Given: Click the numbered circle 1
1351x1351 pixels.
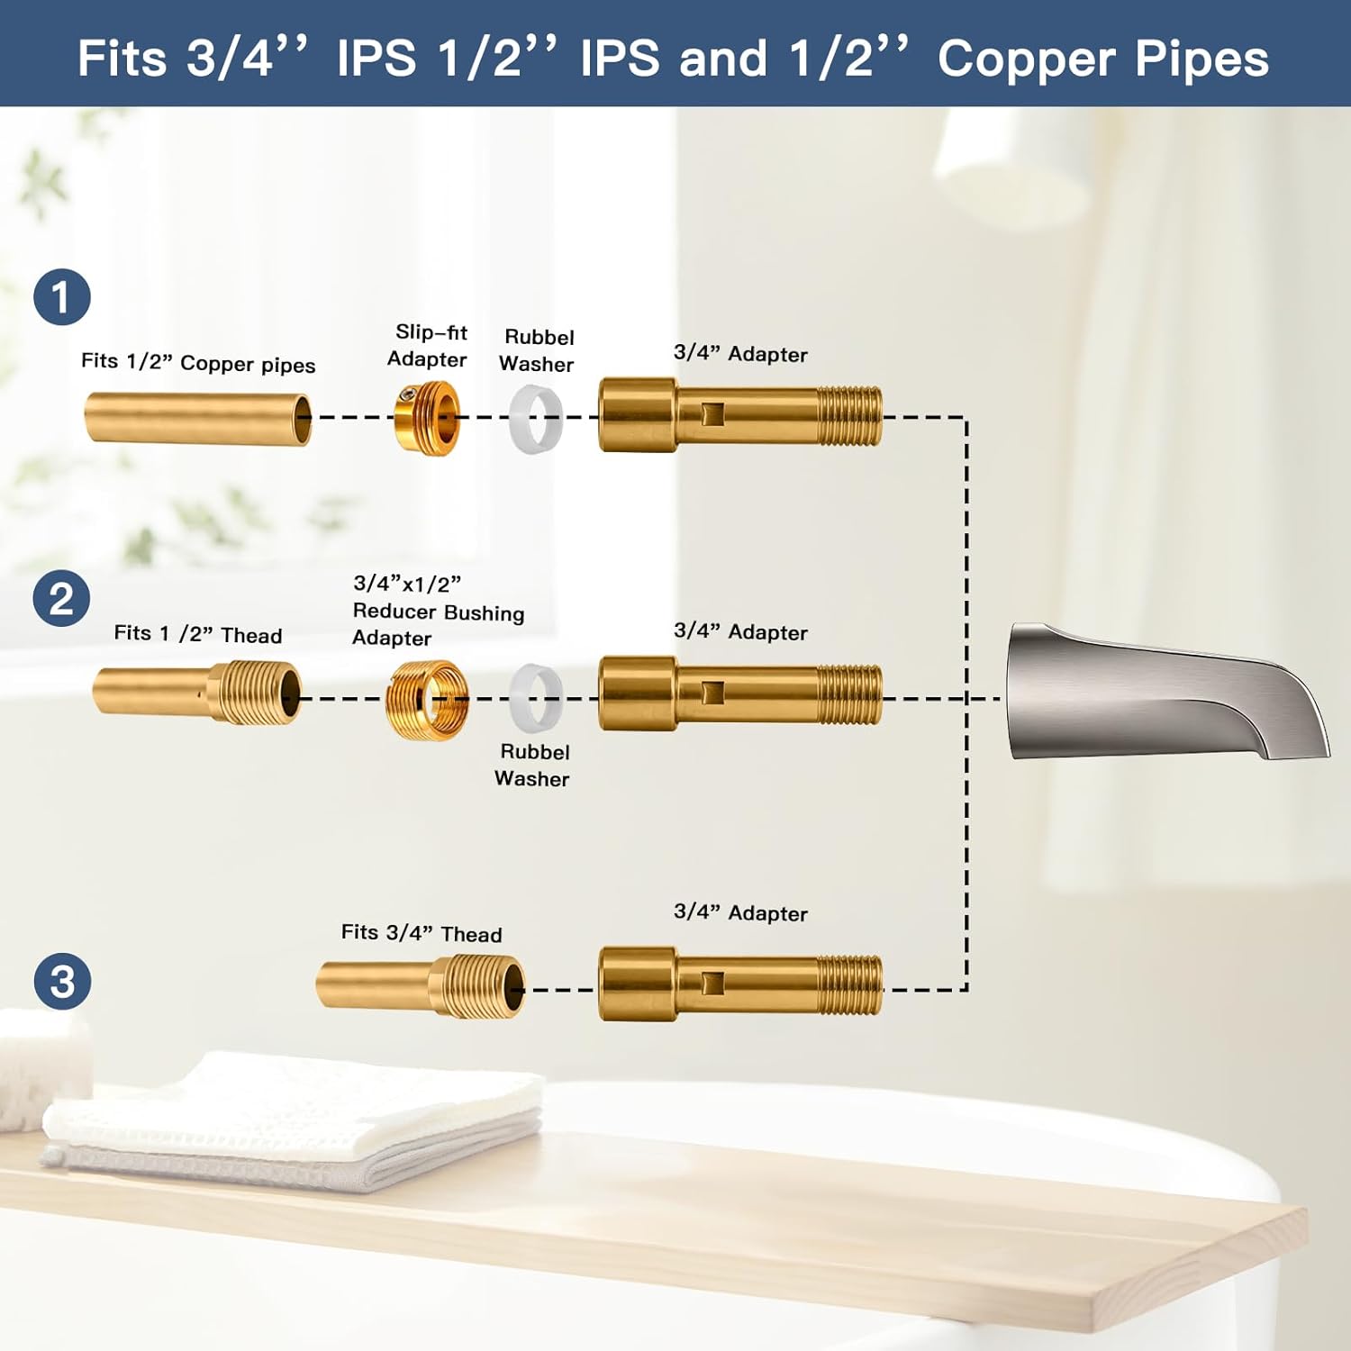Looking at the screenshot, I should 62,297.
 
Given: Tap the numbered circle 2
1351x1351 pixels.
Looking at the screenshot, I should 61,599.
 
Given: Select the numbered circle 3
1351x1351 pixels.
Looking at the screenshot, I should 62,981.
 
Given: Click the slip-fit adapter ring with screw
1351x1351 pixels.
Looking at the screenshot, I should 428,418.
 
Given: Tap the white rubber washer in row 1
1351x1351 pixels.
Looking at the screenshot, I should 537,418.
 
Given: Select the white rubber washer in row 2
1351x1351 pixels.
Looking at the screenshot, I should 537,698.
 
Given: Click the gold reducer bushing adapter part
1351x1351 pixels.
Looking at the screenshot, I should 427,699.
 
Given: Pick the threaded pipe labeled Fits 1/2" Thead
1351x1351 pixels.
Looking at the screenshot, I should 198,693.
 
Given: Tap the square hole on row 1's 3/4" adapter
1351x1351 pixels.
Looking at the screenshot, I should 712,415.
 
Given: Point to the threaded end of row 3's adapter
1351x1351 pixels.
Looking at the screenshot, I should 849,984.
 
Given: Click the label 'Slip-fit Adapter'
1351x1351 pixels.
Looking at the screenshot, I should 428,346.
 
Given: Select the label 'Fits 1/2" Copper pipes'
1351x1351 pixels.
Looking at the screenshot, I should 198,363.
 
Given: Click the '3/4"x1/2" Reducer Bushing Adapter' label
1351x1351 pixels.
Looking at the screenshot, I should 438,611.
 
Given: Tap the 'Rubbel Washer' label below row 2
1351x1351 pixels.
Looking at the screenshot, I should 533,765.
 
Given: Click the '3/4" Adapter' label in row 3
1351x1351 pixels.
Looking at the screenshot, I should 740,912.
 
